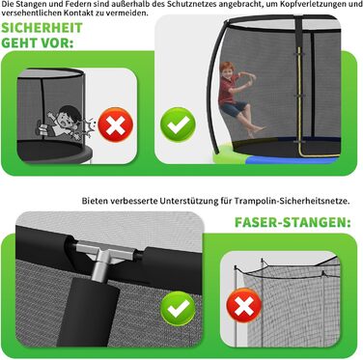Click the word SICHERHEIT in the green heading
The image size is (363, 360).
click(x=42, y=28)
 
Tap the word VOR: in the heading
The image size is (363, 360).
click(x=56, y=42)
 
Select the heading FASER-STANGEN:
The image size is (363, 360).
click(x=293, y=222)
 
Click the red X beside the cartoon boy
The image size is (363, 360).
click(x=116, y=125)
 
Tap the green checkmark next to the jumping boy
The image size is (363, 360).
click(x=178, y=125)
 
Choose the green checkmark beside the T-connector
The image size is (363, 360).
click(x=178, y=309)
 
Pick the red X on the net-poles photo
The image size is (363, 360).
click(x=244, y=305)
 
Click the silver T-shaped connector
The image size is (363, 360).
click(x=102, y=259)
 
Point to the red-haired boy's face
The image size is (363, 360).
click(x=228, y=71)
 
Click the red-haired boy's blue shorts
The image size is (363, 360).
click(x=234, y=108)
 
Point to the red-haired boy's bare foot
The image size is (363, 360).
click(x=258, y=130)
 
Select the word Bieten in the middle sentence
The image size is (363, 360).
click(x=95, y=201)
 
